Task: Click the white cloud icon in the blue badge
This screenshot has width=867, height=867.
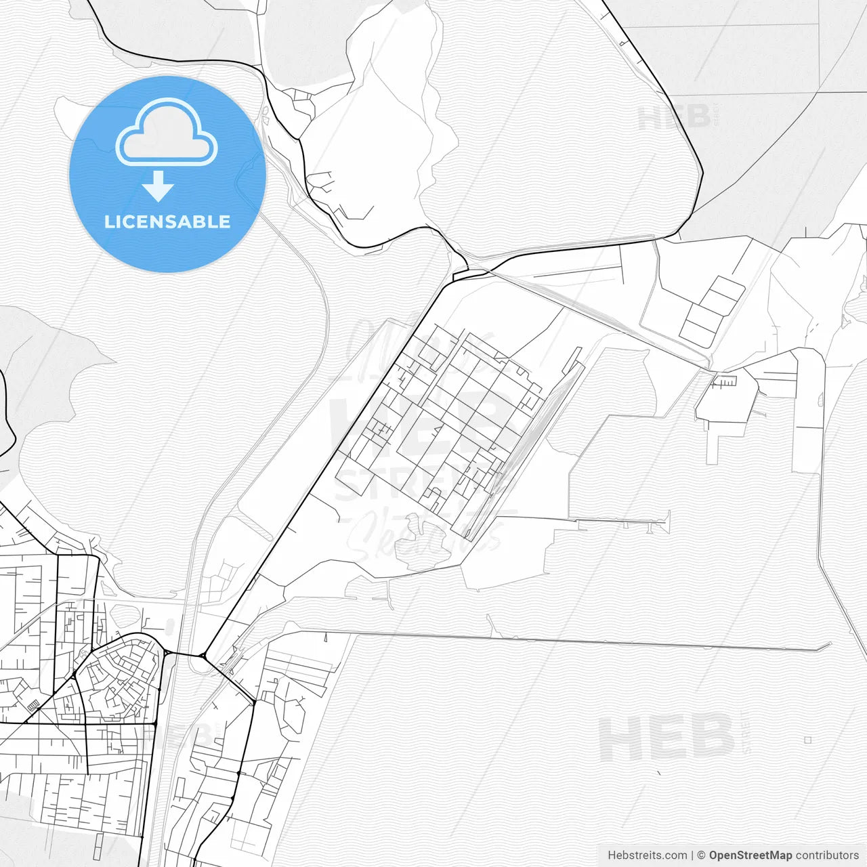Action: coord(167,133)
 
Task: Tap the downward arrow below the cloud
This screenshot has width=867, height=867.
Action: coord(158,186)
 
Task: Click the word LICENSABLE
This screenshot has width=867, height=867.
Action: coord(167,221)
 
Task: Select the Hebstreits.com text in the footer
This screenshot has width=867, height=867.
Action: coord(647,855)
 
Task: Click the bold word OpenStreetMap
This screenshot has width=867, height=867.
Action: coord(750,855)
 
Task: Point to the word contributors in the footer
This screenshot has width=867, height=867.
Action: coord(827,855)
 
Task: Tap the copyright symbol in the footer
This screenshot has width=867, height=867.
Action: coord(702,855)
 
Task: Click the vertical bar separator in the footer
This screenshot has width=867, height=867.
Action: coord(692,855)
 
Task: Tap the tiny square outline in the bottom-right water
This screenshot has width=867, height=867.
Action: coord(807,740)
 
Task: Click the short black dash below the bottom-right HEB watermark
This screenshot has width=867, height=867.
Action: coord(659,772)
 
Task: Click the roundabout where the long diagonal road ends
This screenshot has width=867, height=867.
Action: coord(203,655)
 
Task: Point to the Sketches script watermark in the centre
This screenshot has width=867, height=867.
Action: coord(427,535)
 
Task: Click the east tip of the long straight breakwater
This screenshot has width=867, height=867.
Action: coord(829,647)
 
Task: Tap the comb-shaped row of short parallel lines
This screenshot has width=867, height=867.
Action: coord(725,382)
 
